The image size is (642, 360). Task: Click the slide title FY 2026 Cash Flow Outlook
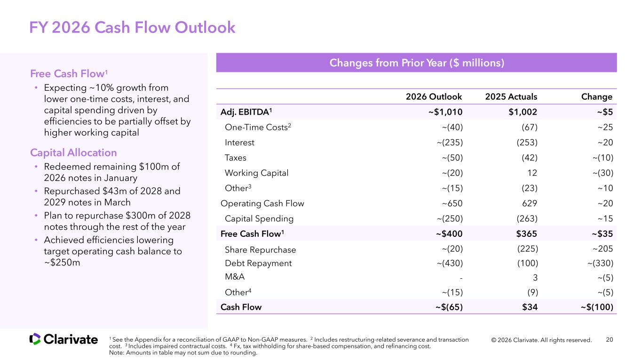click(x=132, y=28)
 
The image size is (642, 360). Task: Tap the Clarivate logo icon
click(x=35, y=339)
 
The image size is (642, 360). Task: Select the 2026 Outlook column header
click(x=434, y=97)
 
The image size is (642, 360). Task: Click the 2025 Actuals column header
click(x=511, y=97)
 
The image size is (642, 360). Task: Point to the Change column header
click(x=596, y=97)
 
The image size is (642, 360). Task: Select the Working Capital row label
click(x=256, y=173)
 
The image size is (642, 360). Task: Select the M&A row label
click(x=235, y=277)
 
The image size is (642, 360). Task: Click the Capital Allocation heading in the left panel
click(x=73, y=153)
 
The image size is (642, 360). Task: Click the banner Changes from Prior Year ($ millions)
click(x=416, y=63)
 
